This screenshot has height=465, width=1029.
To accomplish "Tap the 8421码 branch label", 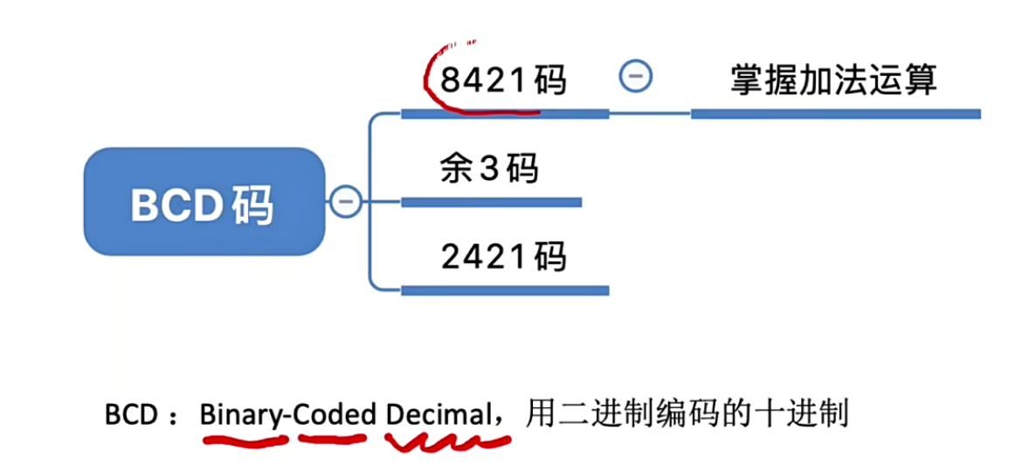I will pyautogui.click(x=503, y=80).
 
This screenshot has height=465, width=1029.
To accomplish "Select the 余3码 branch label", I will pyautogui.click(x=488, y=169).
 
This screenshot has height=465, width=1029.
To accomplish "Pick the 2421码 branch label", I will pyautogui.click(x=503, y=257).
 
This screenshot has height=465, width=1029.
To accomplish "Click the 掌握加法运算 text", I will pyautogui.click(x=833, y=80).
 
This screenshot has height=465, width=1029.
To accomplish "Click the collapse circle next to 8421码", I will pyautogui.click(x=635, y=77).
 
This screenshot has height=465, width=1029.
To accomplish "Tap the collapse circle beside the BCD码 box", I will pyautogui.click(x=345, y=202).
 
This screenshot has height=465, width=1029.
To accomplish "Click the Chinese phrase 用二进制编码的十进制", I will pyautogui.click(x=687, y=413).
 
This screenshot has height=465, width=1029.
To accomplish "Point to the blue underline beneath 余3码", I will pyautogui.click(x=491, y=203).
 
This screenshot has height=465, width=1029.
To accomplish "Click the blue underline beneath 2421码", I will pyautogui.click(x=504, y=290).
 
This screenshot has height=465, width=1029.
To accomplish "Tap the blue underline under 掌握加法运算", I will pyautogui.click(x=835, y=114).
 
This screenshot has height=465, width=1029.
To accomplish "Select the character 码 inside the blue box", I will pyautogui.click(x=254, y=204).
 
